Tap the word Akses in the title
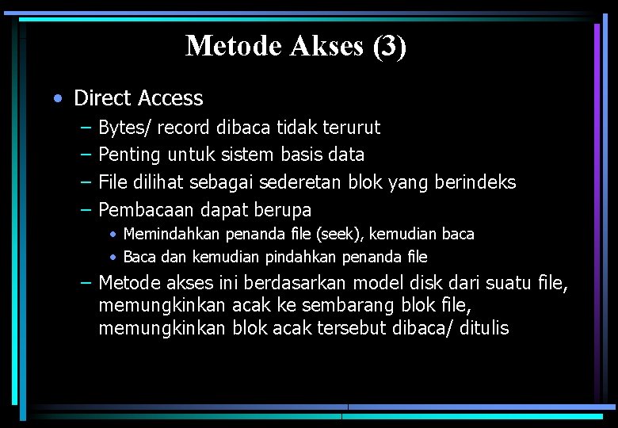click(326, 46)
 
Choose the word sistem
click(238, 155)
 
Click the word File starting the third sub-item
click(113, 182)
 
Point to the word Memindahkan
click(173, 235)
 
